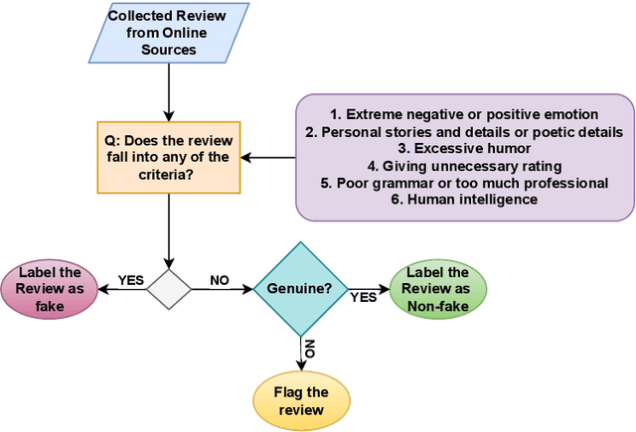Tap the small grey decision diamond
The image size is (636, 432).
coord(168,289)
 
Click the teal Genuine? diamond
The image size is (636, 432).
coord(300,289)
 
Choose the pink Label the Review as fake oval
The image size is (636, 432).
coord(49,289)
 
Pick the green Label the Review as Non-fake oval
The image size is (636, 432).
coord(438,289)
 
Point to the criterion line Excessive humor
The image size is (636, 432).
coord(464,149)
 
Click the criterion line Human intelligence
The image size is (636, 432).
coord(464,200)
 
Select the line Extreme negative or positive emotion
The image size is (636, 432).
coord(464,115)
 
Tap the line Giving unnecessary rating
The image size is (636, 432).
coord(464,166)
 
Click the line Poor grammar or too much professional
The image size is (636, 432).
coord(464,183)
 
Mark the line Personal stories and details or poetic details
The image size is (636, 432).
coord(464,132)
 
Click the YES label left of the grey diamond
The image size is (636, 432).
coord(131,281)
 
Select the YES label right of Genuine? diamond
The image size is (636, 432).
coord(364,296)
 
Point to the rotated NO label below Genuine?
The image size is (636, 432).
coord(309,349)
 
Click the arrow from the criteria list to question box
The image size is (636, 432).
coord(270,157)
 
